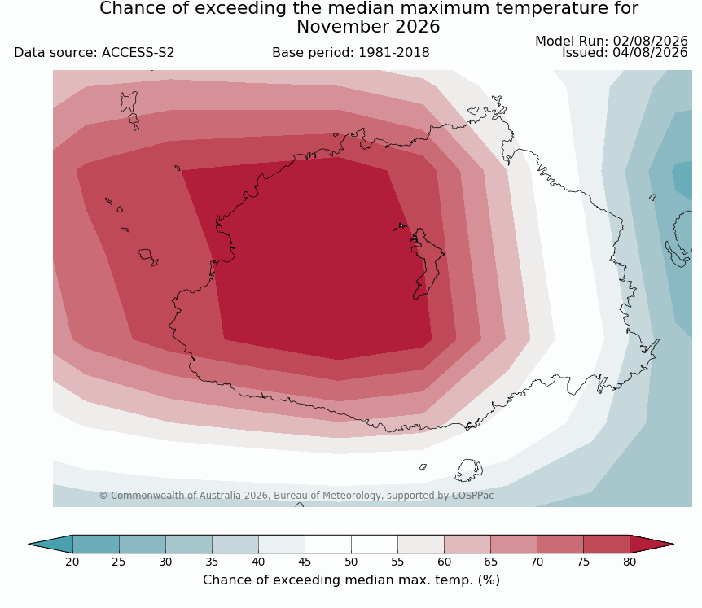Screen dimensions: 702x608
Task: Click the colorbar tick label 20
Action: pyautogui.click(x=72, y=562)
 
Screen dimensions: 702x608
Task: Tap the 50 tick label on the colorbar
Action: pyautogui.click(x=351, y=562)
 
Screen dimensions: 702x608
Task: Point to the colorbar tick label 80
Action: pyautogui.click(x=630, y=562)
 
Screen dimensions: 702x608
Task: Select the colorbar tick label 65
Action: pyautogui.click(x=490, y=562)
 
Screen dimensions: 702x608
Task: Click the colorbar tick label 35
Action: pyautogui.click(x=212, y=562)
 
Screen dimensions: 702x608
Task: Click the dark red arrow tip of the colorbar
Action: pyautogui.click(x=673, y=545)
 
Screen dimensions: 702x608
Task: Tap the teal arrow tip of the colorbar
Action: pyautogui.click(x=29, y=545)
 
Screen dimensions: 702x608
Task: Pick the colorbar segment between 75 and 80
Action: pyautogui.click(x=607, y=545)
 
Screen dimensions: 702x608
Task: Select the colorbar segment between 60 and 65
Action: pyautogui.click(x=467, y=545)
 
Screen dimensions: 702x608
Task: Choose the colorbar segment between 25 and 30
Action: pyautogui.click(x=143, y=545)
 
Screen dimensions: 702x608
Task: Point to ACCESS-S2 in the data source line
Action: pyautogui.click(x=138, y=53)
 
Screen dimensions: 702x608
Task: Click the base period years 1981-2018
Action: pyautogui.click(x=394, y=53)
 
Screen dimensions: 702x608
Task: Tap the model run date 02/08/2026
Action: pyautogui.click(x=650, y=42)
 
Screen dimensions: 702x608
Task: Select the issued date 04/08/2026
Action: pyautogui.click(x=650, y=53)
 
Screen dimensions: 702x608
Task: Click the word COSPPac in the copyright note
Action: pyautogui.click(x=473, y=496)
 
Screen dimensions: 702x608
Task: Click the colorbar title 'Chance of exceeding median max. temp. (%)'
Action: pyautogui.click(x=351, y=580)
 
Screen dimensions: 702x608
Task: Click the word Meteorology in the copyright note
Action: pyautogui.click(x=353, y=496)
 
